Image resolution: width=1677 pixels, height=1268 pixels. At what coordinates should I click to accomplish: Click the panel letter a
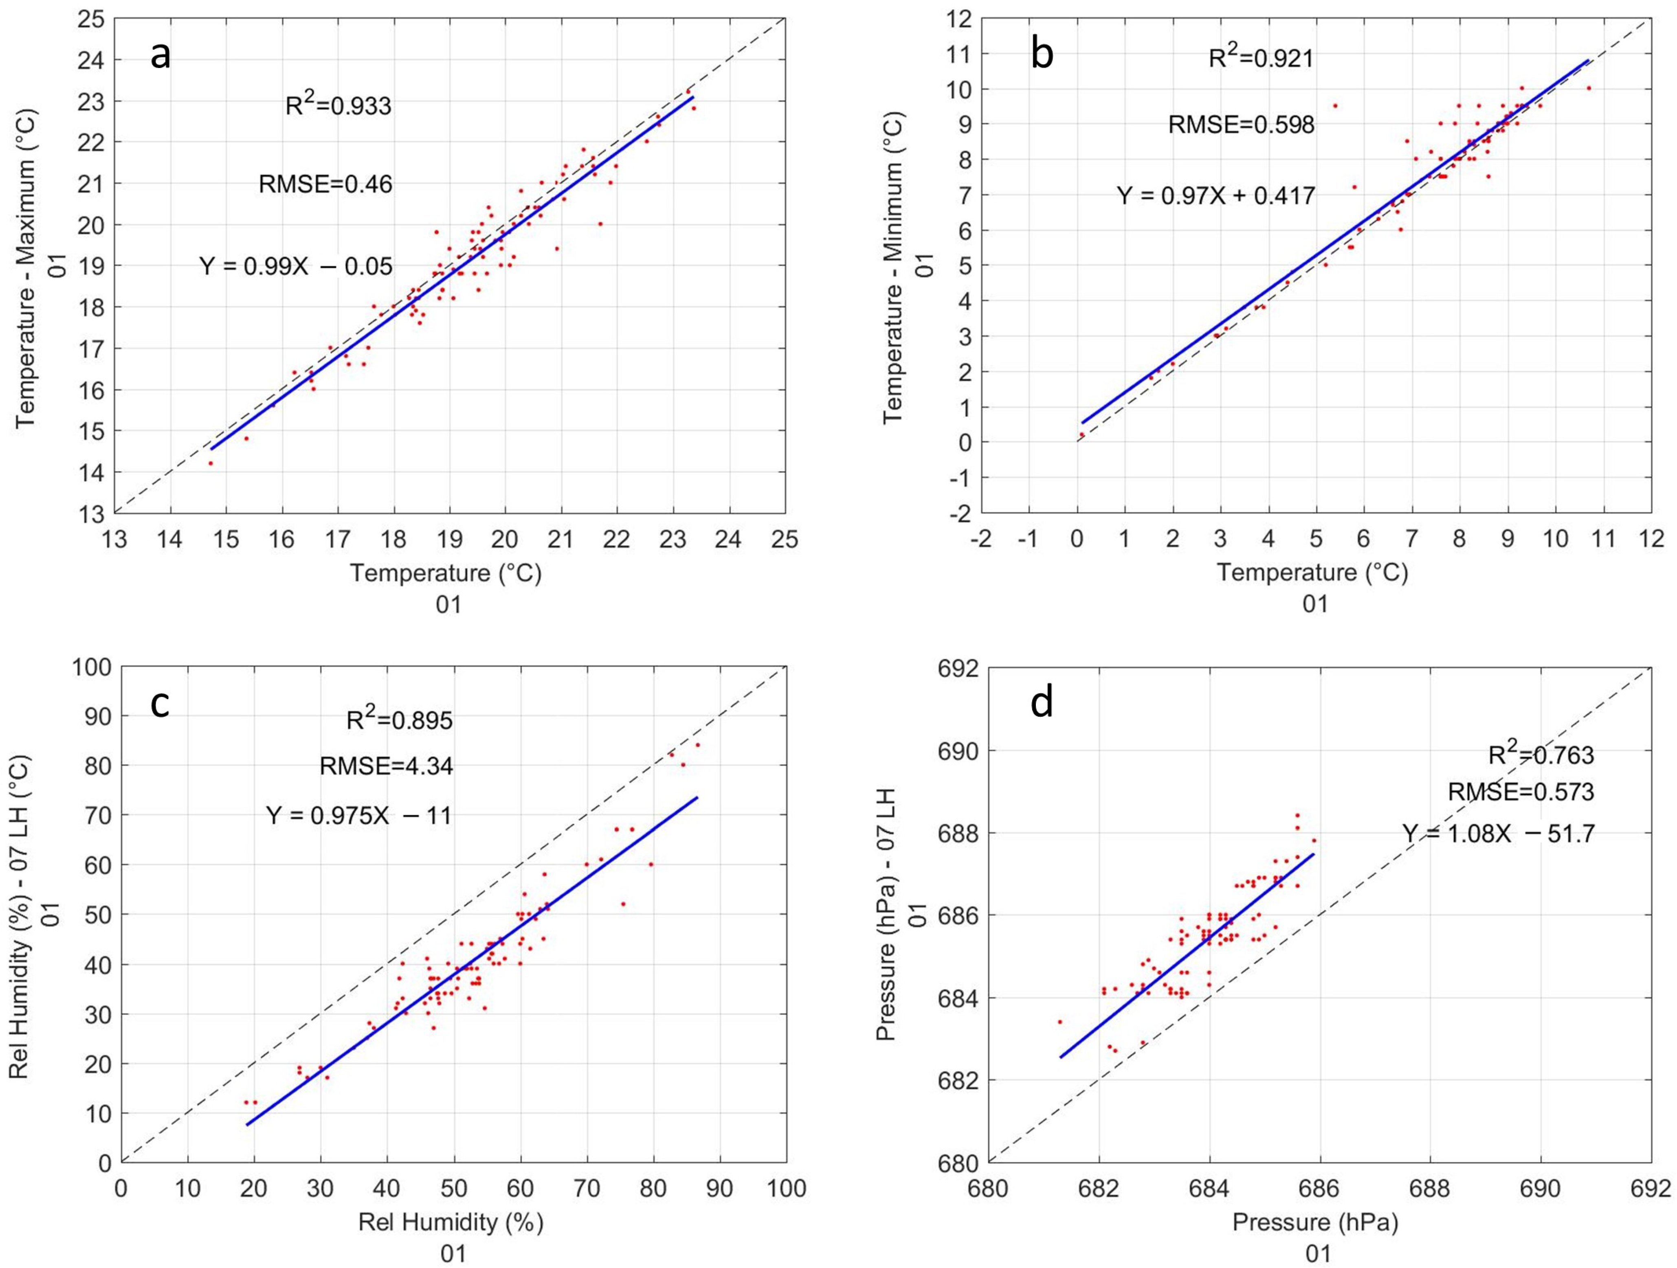[x=161, y=55]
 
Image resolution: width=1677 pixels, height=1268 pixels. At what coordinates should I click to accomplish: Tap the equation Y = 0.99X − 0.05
[x=297, y=266]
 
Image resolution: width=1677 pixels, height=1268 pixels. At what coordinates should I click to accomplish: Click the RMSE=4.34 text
[x=387, y=766]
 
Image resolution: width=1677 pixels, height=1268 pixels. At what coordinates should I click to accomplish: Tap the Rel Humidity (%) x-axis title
[x=451, y=1221]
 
